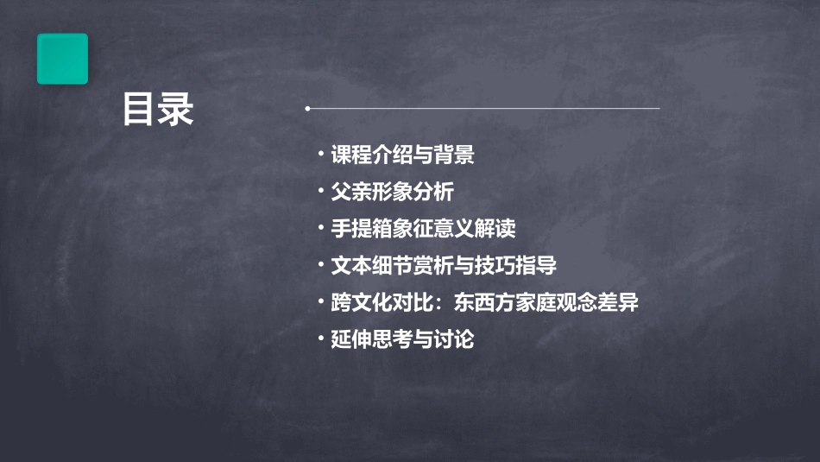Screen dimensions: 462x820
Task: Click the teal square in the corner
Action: [x=62, y=59]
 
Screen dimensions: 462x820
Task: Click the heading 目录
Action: [x=158, y=110]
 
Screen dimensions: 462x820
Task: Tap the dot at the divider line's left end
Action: [x=307, y=109]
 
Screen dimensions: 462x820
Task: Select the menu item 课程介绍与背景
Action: [x=402, y=155]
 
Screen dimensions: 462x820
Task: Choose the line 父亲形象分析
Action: [x=392, y=192]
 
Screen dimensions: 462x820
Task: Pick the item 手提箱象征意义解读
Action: [x=423, y=229]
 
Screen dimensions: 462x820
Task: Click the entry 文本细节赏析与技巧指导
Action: [x=444, y=265]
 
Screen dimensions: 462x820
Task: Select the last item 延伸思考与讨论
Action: [x=402, y=339]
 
